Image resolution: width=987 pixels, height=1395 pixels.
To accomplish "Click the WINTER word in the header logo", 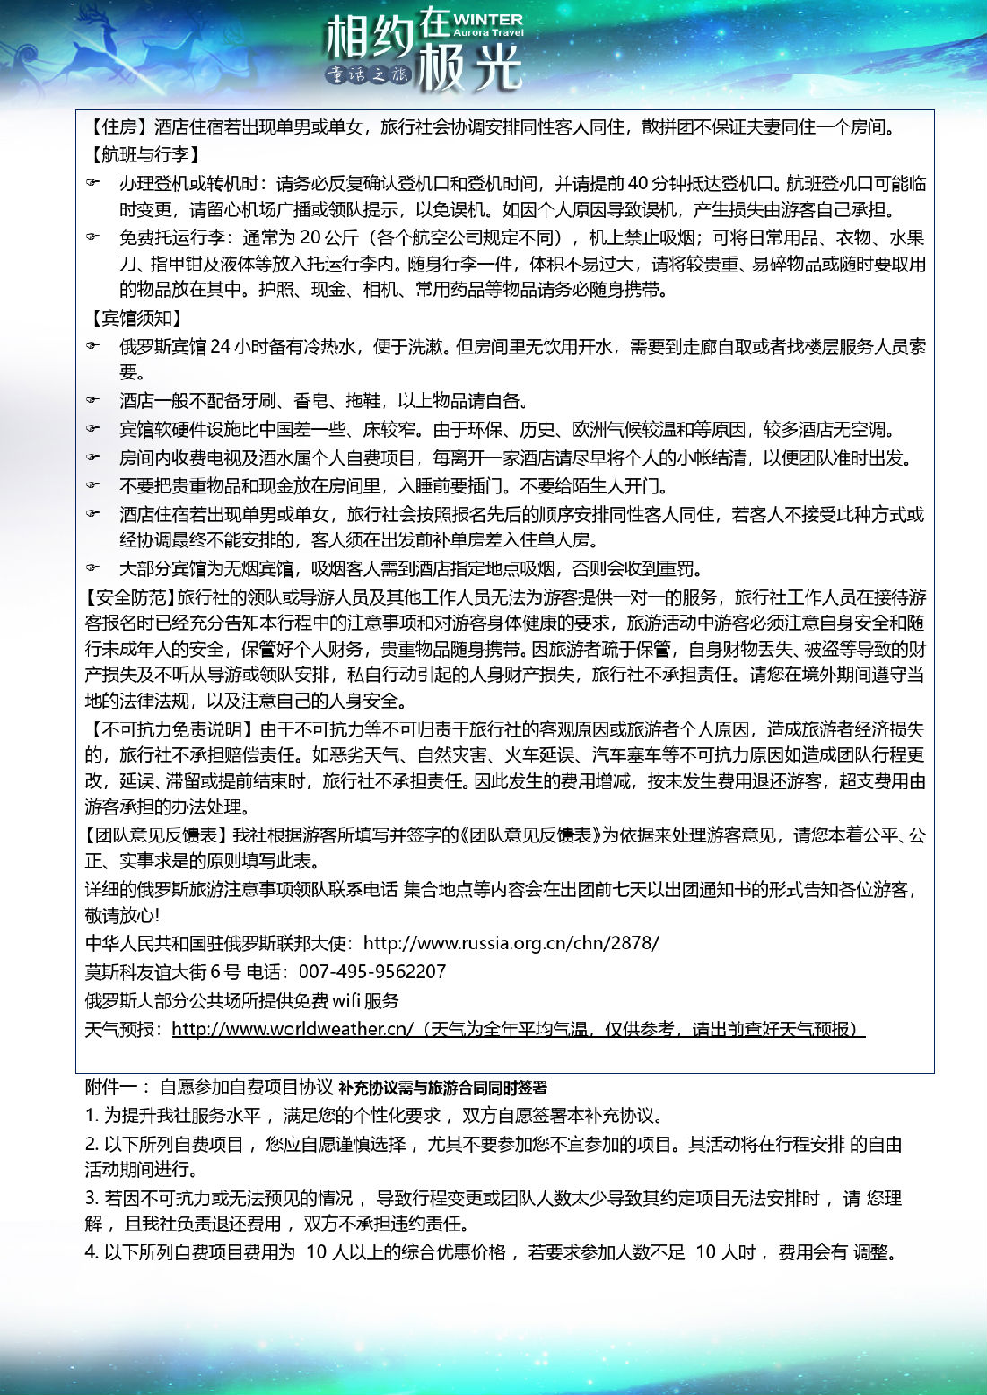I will tap(488, 19).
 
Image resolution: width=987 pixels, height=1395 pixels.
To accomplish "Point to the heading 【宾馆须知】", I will tap(135, 318).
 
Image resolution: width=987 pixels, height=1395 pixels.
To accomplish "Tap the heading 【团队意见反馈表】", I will tap(158, 835).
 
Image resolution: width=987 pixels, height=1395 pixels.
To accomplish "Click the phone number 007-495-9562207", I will tap(371, 972).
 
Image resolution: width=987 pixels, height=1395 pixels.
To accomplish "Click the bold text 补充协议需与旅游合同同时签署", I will tap(443, 1088).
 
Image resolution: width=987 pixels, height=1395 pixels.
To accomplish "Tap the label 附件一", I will tap(111, 1087).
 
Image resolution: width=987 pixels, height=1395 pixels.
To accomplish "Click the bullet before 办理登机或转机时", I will tap(93, 184).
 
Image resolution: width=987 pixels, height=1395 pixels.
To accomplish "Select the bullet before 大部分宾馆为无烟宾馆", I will tap(93, 569).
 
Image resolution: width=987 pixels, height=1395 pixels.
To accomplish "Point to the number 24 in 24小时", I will tap(221, 347).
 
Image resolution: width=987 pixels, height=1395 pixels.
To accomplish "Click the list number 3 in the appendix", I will tap(91, 1198).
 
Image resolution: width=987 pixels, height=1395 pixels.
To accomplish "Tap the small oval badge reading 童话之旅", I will tap(368, 75).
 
